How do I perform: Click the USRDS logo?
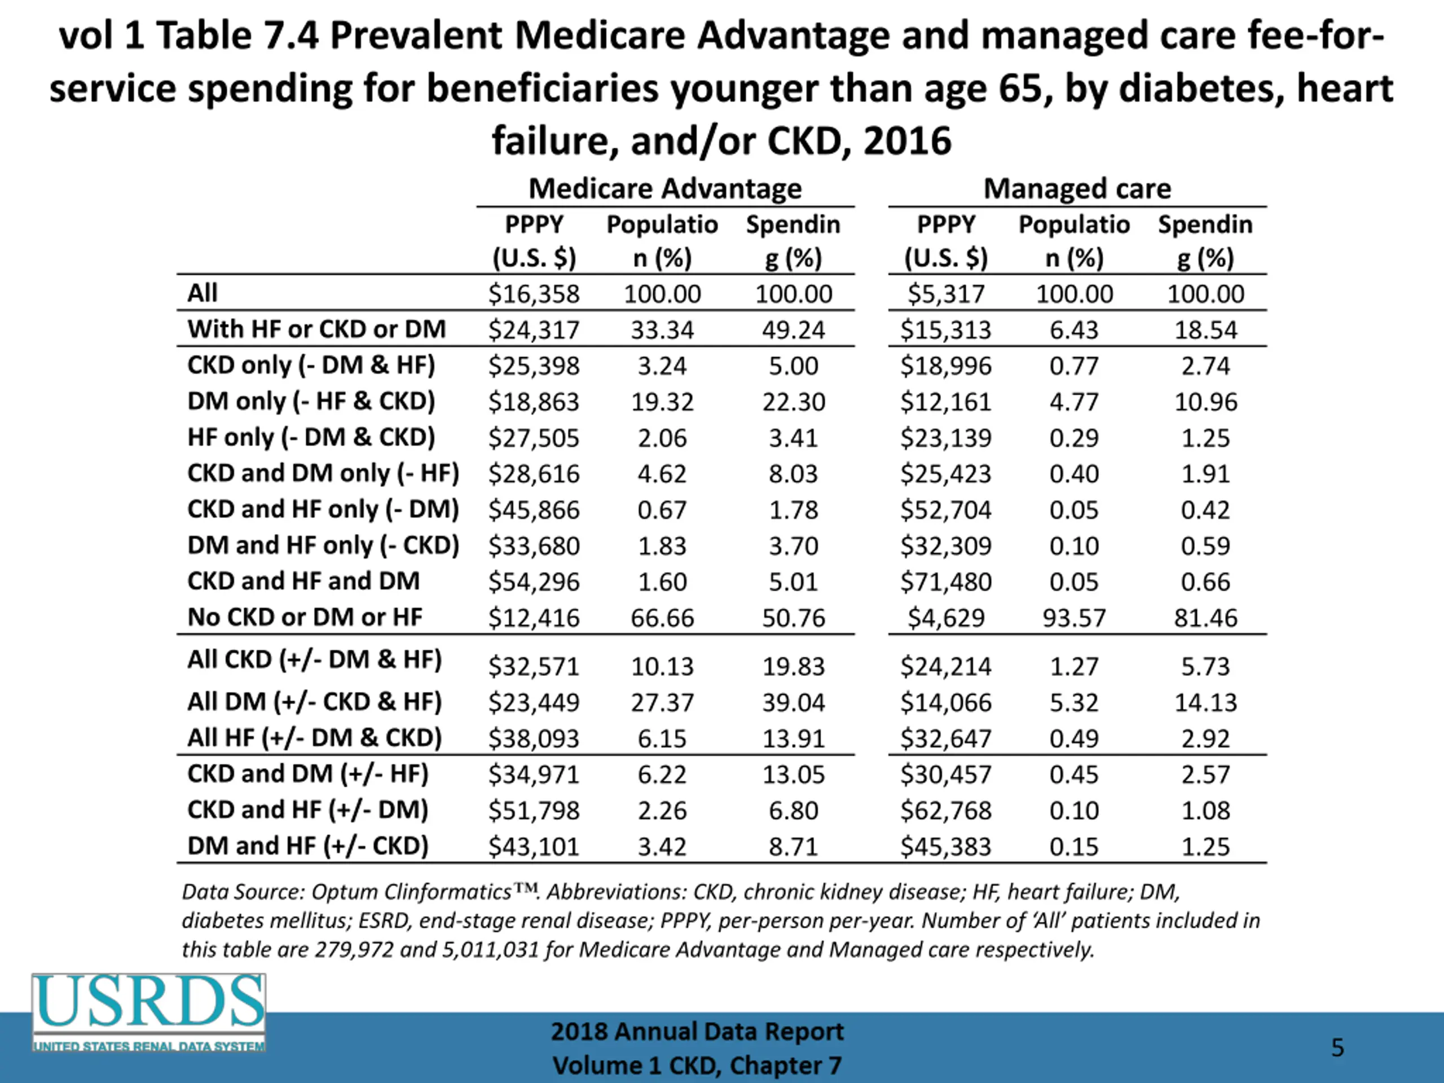tap(149, 1012)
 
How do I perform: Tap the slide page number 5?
tap(1337, 1048)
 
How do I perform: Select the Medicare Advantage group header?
tap(664, 188)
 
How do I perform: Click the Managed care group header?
tap(1077, 188)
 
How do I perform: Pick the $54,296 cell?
tap(534, 582)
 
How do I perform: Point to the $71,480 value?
tap(946, 582)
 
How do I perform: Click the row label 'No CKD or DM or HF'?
tap(305, 617)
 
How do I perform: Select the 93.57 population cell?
tap(1074, 618)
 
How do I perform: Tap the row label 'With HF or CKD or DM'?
tap(316, 329)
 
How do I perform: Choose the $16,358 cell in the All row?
tap(534, 294)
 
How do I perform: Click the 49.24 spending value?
tap(793, 329)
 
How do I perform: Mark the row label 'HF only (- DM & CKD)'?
tap(311, 437)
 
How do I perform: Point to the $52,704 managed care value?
tap(946, 510)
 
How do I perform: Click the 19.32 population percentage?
tap(662, 402)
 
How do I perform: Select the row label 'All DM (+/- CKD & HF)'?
tap(315, 702)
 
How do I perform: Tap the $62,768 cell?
tap(946, 810)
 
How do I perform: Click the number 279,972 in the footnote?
tap(354, 949)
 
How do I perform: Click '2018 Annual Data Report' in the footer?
tap(697, 1032)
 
